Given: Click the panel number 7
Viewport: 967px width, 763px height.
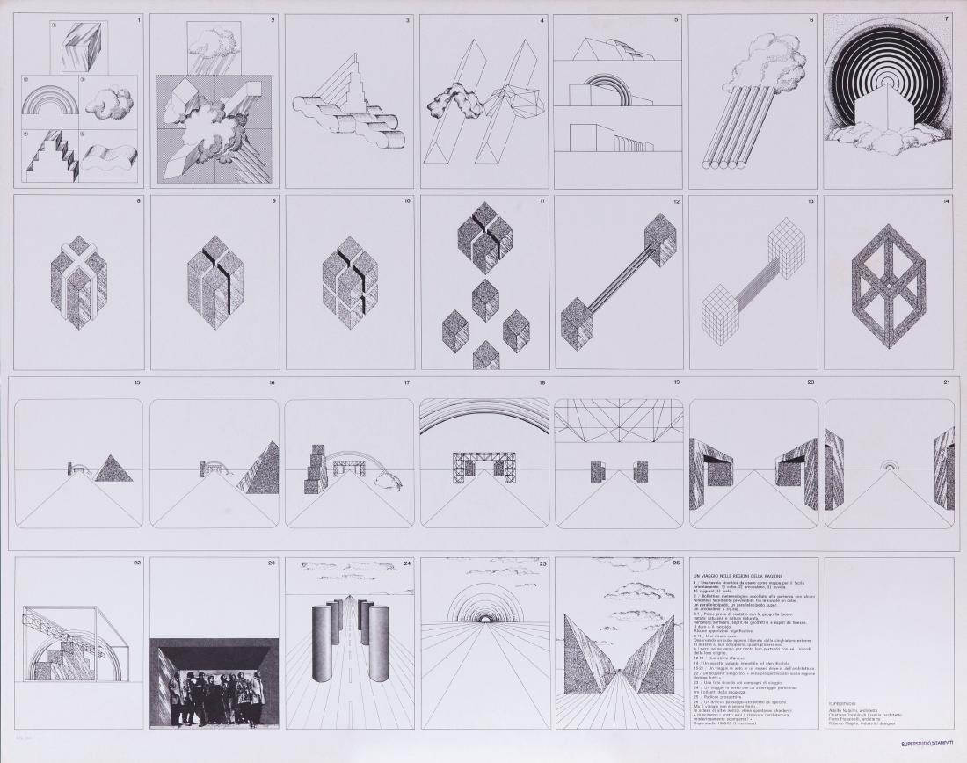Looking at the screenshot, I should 947,18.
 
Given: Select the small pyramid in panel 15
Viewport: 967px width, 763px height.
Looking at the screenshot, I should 113,468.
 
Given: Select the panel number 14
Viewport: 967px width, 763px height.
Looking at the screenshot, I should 947,200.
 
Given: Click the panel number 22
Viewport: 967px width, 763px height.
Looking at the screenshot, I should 137,563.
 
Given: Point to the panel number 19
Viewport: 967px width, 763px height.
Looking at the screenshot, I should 676,383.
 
